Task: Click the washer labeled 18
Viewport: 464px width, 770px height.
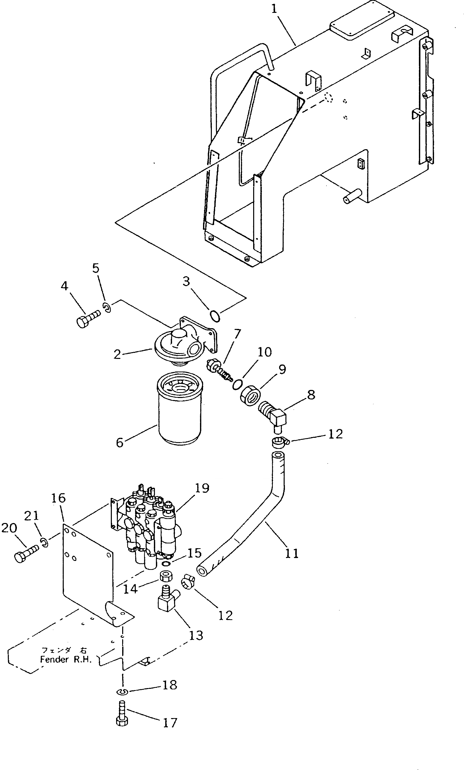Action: tap(122, 692)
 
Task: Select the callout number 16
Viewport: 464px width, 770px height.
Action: tap(58, 498)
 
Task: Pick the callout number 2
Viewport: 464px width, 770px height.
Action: tap(117, 354)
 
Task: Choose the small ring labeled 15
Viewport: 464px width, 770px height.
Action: tap(167, 563)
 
